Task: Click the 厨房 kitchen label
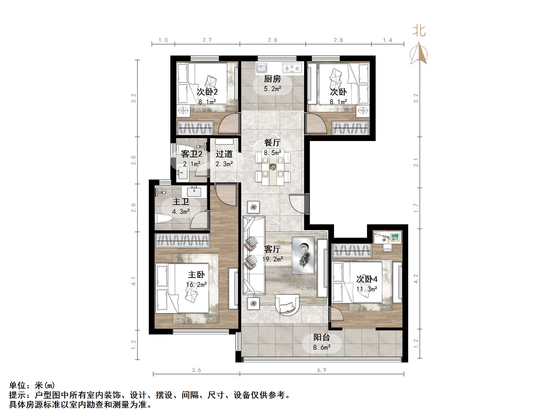coord(272,79)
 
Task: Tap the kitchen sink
coord(262,68)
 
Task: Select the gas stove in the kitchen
coord(292,68)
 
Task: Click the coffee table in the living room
coord(303,255)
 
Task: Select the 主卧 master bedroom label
coord(196,275)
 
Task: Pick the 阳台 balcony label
coord(322,337)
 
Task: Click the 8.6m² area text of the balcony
coord(322,347)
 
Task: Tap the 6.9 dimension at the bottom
coord(322,370)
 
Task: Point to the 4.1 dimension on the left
coord(134,281)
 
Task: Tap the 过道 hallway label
coord(224,154)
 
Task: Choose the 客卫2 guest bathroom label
coord(191,154)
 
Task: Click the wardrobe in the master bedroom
coord(182,241)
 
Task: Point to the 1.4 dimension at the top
coord(388,40)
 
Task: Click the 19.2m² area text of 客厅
coord(273,259)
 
